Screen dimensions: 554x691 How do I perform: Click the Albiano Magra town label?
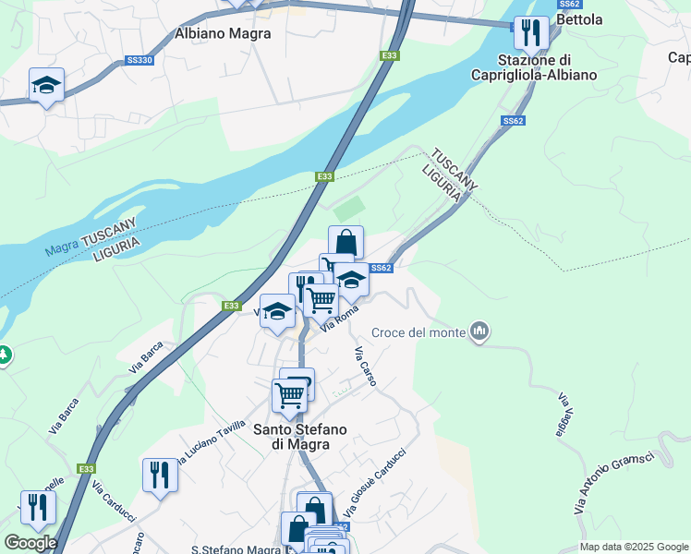223,33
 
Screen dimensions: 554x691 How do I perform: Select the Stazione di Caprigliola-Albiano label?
533,67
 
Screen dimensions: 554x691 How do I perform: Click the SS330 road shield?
139,61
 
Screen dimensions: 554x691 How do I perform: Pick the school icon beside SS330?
46,86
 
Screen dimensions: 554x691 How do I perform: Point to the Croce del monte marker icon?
479,331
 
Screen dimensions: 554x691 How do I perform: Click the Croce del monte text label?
419,332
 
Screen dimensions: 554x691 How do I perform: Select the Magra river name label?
61,248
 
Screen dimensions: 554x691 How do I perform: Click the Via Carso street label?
366,367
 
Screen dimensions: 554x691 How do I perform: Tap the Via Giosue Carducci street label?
375,482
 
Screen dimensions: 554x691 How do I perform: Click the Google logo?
30,543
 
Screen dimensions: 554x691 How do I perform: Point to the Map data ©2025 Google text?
634,547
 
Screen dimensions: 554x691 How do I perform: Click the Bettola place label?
580,19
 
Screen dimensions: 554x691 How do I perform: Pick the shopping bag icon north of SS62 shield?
345,243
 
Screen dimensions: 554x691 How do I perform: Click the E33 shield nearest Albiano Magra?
390,56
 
